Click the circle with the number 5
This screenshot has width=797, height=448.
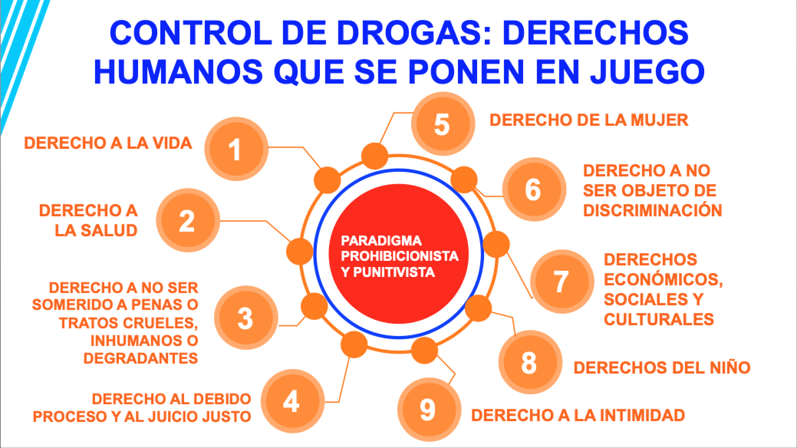click(443, 123)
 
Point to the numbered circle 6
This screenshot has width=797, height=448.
click(534, 189)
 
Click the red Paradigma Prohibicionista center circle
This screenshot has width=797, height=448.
click(399, 256)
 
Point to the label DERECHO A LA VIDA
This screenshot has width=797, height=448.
click(108, 143)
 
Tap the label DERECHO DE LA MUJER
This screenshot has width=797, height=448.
click(589, 120)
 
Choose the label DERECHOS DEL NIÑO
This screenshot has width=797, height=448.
click(662, 367)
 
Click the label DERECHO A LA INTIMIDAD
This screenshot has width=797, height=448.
click(578, 415)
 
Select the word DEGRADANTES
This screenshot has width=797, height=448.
click(141, 358)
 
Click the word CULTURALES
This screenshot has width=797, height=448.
click(659, 319)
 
